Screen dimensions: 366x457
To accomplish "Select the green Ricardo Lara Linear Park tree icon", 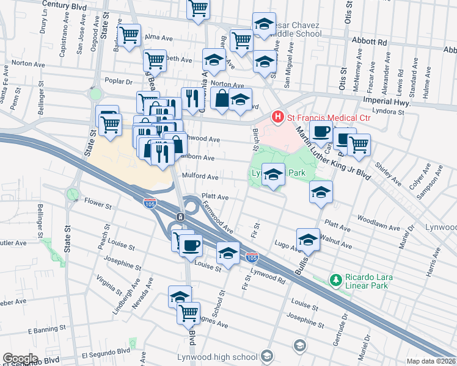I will click(x=335, y=280).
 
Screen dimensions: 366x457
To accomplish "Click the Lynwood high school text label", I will click(x=225, y=357).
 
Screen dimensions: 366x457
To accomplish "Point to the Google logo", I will click(x=20, y=359).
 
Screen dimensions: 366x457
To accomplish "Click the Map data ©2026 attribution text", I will click(x=431, y=361).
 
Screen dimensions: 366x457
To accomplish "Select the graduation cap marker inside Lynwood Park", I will click(x=273, y=174).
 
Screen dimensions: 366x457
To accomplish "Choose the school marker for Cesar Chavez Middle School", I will click(x=264, y=24).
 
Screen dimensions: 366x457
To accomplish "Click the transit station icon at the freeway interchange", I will click(x=181, y=217).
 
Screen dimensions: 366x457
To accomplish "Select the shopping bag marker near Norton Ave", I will click(x=221, y=98).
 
